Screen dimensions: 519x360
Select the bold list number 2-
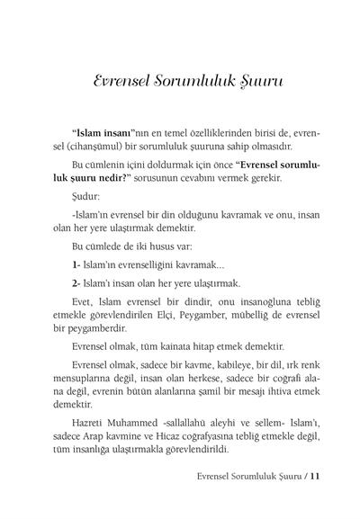coord(76,282)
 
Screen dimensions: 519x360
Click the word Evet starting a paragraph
coord(85,303)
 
